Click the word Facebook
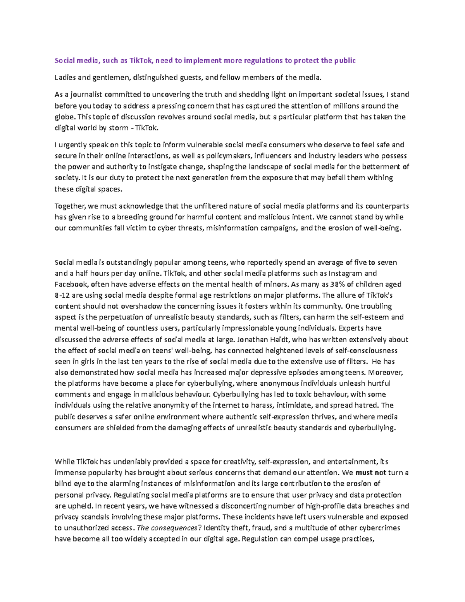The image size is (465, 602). pos(71,284)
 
